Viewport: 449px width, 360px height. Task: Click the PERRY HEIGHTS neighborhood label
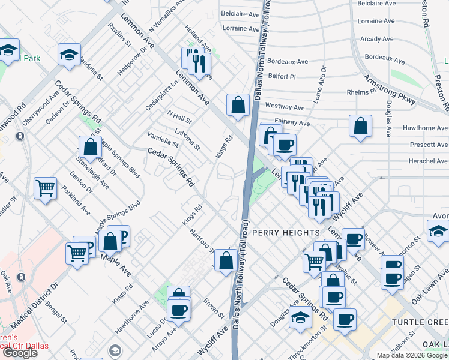click(285, 232)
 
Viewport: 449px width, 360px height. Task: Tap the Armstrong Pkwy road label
click(390, 91)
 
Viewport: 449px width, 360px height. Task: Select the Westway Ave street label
click(285, 107)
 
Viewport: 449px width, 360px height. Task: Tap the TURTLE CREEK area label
click(420, 322)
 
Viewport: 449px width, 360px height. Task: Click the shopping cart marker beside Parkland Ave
click(45, 188)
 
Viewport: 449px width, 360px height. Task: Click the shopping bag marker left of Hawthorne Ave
click(360, 126)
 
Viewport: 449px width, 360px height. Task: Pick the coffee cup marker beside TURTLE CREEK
click(345, 319)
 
